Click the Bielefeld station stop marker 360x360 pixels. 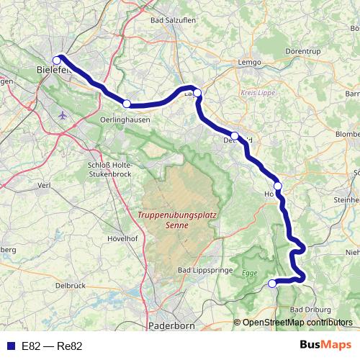click(57, 60)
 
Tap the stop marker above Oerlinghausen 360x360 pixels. click(127, 104)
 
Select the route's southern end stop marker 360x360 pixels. click(272, 284)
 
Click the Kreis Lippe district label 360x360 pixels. click(257, 94)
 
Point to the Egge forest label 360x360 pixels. click(248, 274)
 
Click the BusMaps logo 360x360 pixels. click(325, 346)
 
